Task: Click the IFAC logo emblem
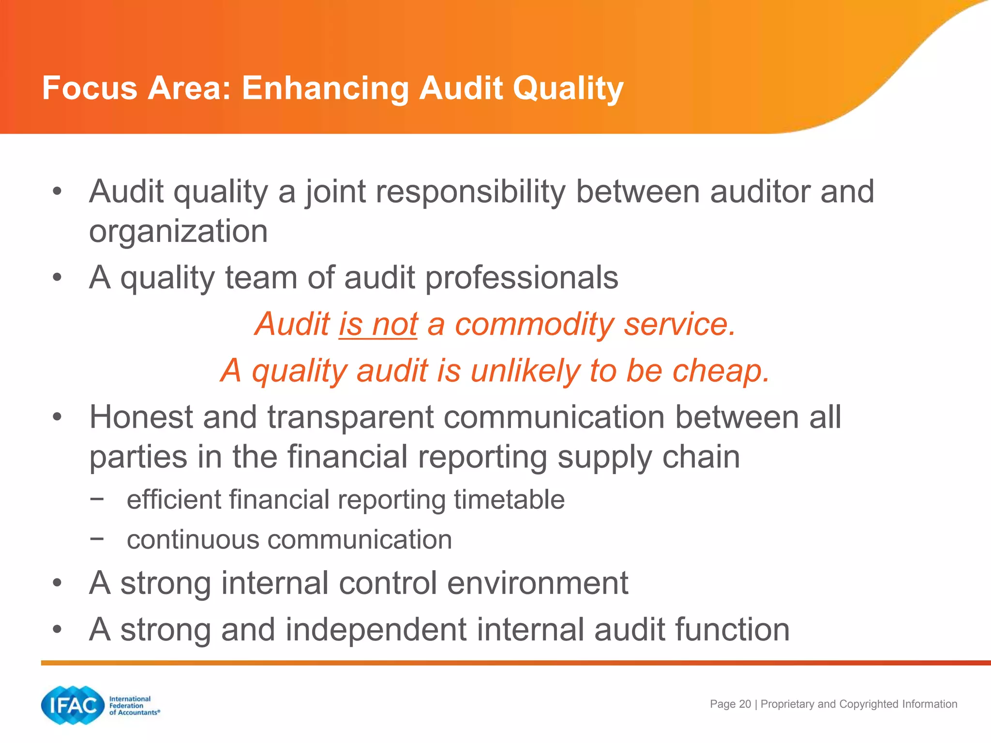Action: click(x=73, y=705)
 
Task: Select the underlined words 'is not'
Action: click(x=378, y=324)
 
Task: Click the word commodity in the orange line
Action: click(x=534, y=324)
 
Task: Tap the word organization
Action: click(x=178, y=231)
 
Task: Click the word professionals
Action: click(x=522, y=278)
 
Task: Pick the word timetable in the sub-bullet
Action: click(x=509, y=499)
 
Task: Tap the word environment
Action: click(x=537, y=583)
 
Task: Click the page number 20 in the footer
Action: click(x=745, y=704)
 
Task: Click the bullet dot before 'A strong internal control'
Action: click(x=58, y=583)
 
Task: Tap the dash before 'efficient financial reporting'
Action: click(x=97, y=498)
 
